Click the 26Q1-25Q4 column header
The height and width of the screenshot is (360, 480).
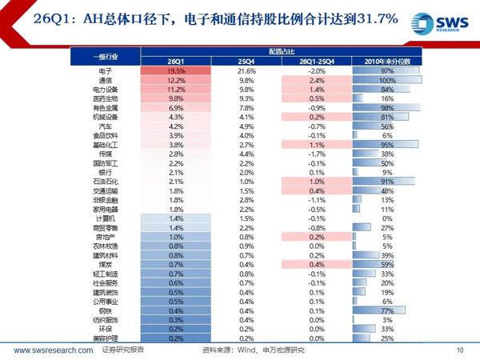(x=317, y=61)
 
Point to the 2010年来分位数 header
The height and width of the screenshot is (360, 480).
(x=387, y=61)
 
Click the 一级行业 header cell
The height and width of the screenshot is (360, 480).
(x=105, y=55)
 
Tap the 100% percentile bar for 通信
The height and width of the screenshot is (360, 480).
(x=387, y=81)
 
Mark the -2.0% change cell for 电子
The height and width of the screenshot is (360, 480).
(x=317, y=71)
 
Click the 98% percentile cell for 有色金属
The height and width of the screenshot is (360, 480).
(x=387, y=107)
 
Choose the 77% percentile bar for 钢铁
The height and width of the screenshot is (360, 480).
(x=387, y=311)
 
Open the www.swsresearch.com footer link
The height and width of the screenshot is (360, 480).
(x=51, y=350)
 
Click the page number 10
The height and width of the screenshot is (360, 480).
(x=459, y=350)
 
